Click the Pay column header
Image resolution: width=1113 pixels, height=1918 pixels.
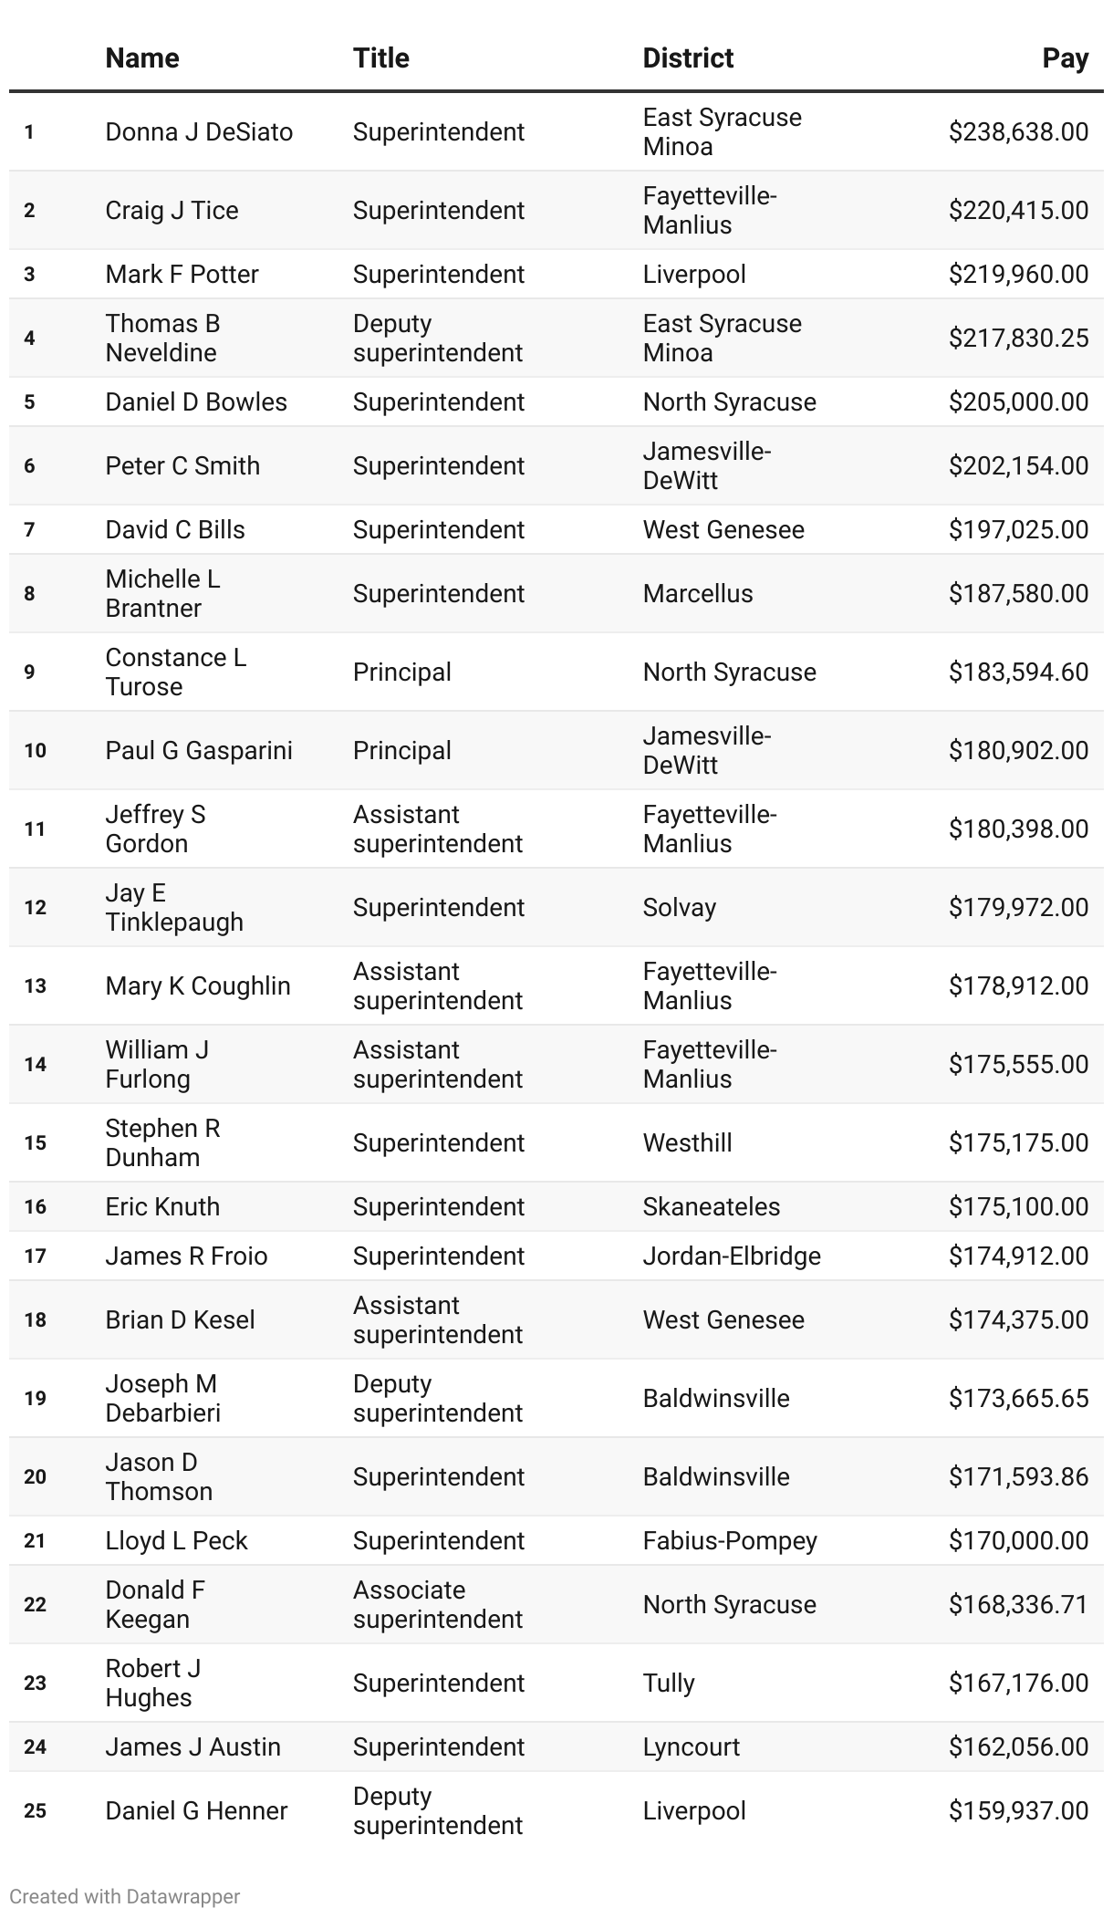[1065, 58]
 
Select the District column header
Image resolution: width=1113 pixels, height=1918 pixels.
[688, 58]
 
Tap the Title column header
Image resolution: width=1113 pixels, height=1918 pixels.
[380, 58]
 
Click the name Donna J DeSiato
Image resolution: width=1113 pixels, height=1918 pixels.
[199, 132]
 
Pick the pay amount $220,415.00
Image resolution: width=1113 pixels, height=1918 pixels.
[1018, 211]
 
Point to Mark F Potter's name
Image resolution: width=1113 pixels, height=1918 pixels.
[182, 275]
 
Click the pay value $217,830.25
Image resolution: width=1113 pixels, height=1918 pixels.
[1018, 339]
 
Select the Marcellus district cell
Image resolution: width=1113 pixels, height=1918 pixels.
[698, 594]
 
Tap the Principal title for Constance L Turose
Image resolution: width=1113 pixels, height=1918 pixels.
[401, 672]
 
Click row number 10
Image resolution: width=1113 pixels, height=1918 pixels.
[35, 751]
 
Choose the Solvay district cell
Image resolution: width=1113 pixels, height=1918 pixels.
[679, 908]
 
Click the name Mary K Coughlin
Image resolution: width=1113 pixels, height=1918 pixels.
[198, 986]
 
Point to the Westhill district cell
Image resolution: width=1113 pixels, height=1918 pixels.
[687, 1143]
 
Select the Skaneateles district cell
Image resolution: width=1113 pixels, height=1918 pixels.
[711, 1207]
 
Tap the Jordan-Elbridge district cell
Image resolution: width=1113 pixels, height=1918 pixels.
[732, 1256]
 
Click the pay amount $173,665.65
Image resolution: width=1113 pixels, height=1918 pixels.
[1018, 1399]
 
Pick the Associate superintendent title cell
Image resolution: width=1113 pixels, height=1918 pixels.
[437, 1605]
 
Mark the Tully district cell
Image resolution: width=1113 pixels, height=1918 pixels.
[669, 1683]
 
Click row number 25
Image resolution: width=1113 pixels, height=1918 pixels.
[35, 1811]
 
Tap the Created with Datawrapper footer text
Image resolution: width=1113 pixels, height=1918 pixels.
[124, 1897]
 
